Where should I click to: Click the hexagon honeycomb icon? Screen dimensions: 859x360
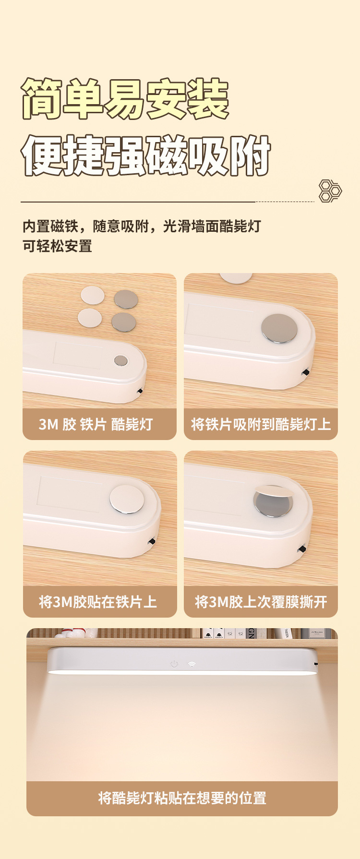[330, 191]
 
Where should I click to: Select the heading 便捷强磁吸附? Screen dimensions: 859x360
[146, 155]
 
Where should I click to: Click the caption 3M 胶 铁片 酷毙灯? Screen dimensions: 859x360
[96, 424]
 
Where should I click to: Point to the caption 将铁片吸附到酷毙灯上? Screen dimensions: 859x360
[261, 424]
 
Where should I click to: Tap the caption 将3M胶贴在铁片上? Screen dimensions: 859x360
[98, 602]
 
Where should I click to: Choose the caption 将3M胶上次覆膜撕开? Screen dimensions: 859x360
[261, 602]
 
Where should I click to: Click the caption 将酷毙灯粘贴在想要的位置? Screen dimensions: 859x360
[182, 798]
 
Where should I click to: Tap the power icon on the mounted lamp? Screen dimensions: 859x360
[174, 664]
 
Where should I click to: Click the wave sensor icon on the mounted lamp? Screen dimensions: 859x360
[192, 664]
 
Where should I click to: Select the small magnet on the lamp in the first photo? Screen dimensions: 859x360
[121, 360]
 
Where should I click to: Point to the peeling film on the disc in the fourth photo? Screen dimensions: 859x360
[274, 491]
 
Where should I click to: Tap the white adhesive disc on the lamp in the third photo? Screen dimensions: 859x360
[127, 499]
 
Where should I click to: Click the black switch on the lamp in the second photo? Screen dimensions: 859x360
[305, 372]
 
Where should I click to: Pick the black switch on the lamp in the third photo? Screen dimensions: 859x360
[152, 541]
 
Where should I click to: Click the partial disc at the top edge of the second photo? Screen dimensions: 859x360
[236, 277]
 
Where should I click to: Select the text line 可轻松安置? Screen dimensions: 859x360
[57, 247]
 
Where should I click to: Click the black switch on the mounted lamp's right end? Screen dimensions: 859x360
[316, 664]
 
